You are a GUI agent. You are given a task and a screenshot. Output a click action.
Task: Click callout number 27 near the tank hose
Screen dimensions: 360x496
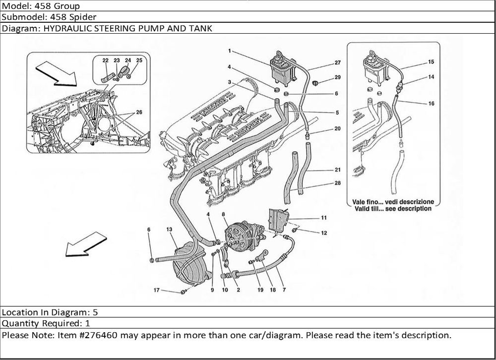[x=337, y=62]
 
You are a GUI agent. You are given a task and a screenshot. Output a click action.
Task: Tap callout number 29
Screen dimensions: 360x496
[x=337, y=77]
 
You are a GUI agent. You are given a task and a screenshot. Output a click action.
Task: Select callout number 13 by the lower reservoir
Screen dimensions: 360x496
[x=169, y=229]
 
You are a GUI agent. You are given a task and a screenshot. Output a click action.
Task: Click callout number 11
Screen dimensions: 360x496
[x=323, y=218]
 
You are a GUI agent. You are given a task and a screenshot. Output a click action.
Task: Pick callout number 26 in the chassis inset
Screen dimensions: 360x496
[x=139, y=113]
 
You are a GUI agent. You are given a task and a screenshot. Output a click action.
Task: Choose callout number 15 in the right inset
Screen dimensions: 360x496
[x=431, y=62]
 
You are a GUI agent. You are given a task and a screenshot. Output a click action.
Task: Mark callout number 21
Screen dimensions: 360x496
[x=337, y=170]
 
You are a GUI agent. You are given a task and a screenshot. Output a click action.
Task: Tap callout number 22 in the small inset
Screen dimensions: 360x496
[x=106, y=60]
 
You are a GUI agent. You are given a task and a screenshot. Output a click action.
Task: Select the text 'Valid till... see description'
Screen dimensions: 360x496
[x=392, y=209]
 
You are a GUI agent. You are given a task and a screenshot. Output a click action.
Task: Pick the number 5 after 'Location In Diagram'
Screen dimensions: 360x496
[x=95, y=312]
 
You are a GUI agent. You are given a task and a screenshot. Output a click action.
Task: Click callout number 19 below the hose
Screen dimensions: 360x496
[x=260, y=290]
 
